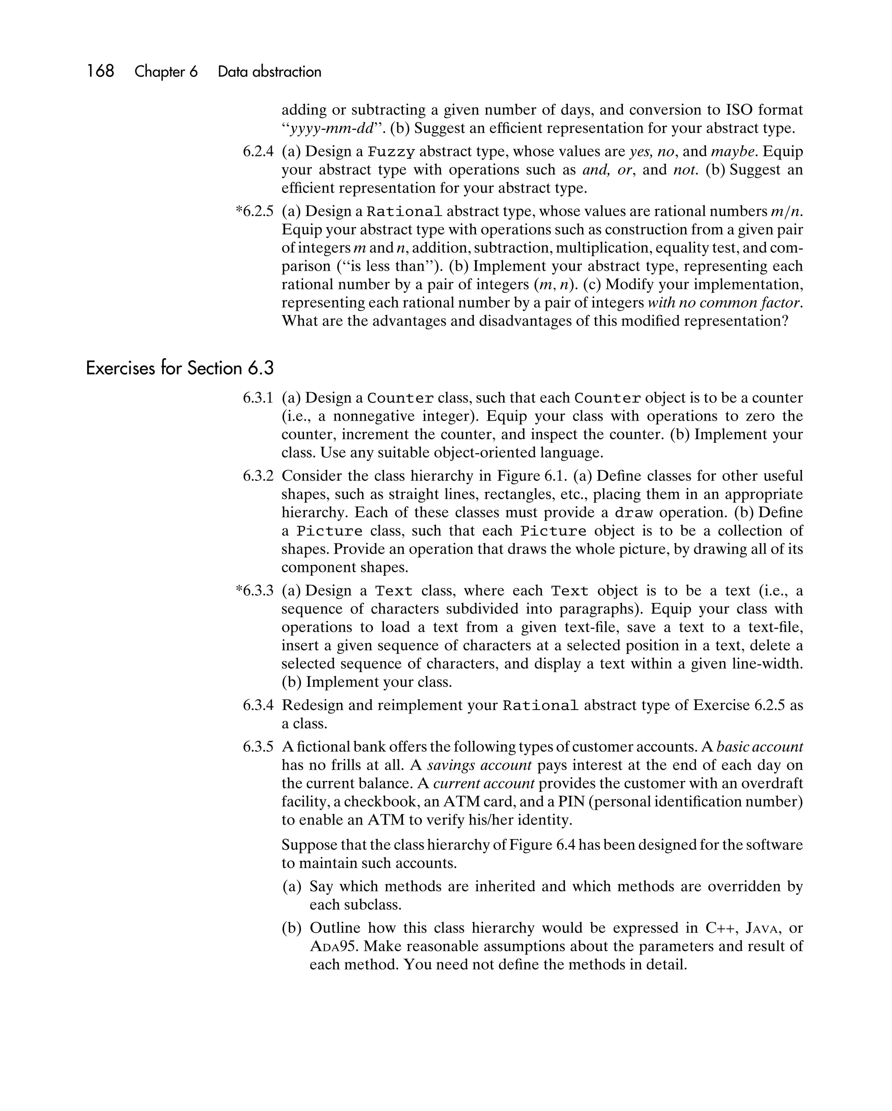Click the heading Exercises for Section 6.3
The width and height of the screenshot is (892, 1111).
tap(180, 368)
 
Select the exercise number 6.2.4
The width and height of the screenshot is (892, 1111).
tap(258, 152)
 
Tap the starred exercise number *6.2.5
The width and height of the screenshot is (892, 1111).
tap(254, 211)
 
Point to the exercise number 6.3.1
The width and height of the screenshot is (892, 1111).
tap(258, 398)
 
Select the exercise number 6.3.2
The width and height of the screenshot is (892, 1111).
tap(258, 476)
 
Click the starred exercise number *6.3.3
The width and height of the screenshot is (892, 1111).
tap(254, 591)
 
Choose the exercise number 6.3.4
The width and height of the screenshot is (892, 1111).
tap(258, 705)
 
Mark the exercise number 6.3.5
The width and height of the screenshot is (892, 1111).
tap(258, 747)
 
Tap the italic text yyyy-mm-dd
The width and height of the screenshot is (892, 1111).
tap(331, 128)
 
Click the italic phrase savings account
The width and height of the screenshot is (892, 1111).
tap(479, 765)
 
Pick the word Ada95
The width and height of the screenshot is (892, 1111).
tap(334, 947)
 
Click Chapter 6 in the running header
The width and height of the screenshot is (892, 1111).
tap(166, 71)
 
